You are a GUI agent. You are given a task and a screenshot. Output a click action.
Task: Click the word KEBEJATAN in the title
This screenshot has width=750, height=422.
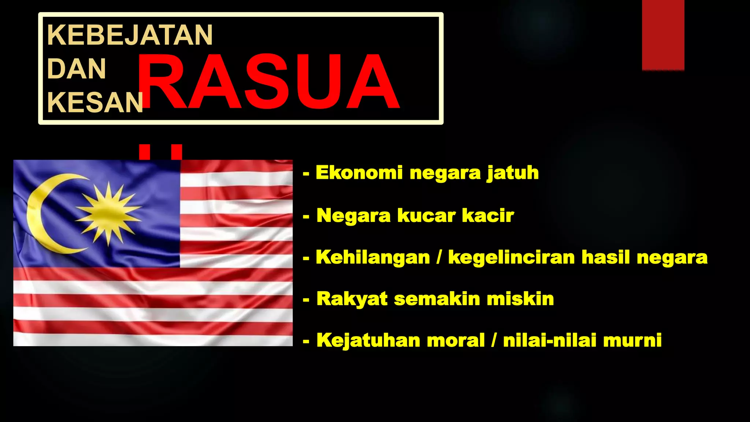pos(130,35)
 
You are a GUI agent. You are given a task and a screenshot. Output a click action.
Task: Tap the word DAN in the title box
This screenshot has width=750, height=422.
pos(77,69)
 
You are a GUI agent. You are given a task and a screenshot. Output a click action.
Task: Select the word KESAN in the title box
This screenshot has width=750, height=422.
pos(95,103)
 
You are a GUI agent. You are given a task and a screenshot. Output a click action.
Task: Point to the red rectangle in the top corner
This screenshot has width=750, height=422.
pos(663,35)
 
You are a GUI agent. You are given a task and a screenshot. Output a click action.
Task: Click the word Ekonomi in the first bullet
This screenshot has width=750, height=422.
pos(359,173)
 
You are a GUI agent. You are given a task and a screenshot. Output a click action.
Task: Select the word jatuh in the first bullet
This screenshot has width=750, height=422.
pos(513,173)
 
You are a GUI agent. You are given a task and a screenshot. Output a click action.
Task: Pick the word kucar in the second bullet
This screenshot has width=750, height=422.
pos(426,215)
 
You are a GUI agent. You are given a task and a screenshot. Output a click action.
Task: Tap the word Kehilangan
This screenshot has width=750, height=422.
pos(372,257)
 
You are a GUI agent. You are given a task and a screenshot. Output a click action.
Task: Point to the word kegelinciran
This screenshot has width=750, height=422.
pos(511,257)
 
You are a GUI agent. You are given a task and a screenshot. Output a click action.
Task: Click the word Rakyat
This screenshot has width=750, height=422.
pos(352,299)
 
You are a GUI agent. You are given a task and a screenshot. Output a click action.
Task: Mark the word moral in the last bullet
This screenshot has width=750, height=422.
pos(456,340)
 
